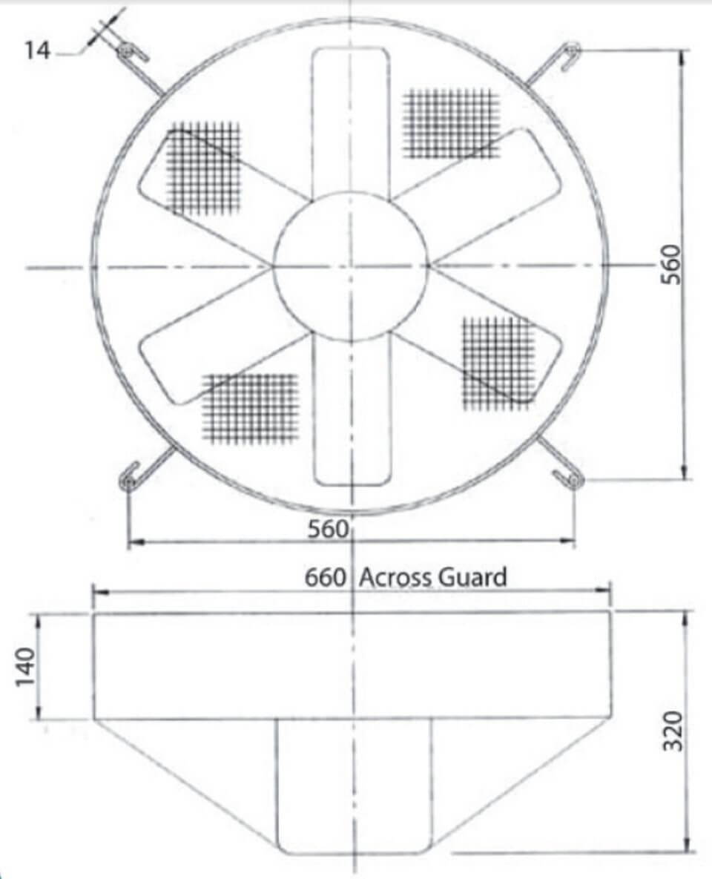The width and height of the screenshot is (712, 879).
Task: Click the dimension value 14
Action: tap(38, 50)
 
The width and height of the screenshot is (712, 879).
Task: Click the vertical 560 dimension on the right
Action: tap(670, 264)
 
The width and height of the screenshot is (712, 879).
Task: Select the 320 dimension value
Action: tap(671, 731)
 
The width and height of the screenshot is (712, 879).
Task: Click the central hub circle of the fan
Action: tap(350, 266)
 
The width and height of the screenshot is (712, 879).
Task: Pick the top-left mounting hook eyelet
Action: tap(124, 51)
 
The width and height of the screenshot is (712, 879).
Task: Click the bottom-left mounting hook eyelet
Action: tap(129, 482)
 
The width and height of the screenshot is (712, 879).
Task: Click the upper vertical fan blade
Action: tap(350, 119)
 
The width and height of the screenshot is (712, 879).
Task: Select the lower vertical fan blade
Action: tap(350, 412)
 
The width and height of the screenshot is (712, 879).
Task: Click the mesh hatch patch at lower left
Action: tap(251, 407)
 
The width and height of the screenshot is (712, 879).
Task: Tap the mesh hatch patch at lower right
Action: tap(498, 363)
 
